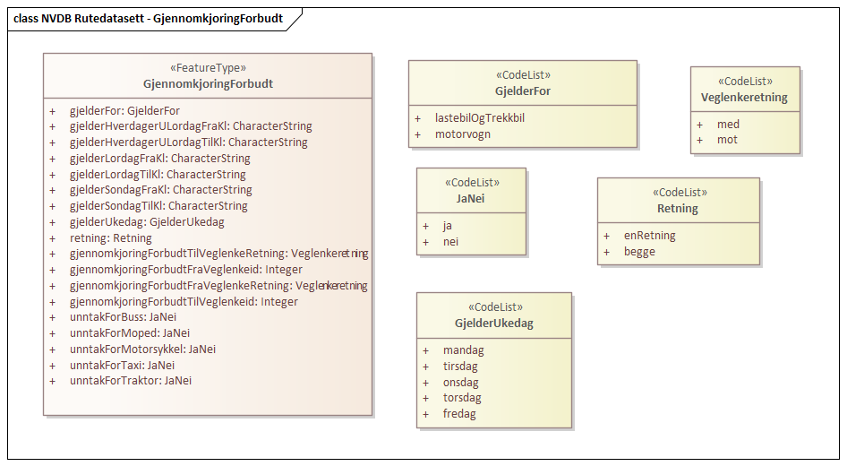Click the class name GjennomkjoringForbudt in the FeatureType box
click(208, 84)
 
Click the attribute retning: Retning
click(110, 238)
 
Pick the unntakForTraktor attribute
click(131, 381)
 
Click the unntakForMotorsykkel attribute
click(142, 349)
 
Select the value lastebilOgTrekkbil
click(480, 118)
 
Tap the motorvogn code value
click(463, 134)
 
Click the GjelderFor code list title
click(522, 91)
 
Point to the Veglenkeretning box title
click(744, 98)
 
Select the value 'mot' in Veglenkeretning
click(727, 140)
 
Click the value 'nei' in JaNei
click(450, 242)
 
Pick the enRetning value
click(650, 236)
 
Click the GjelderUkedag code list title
click(493, 324)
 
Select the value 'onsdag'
click(460, 383)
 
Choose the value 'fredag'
click(459, 414)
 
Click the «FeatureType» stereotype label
click(208, 68)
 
